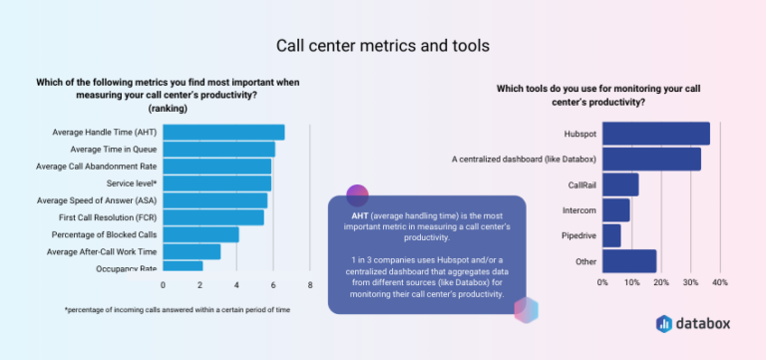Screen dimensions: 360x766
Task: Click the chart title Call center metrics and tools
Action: (x=382, y=46)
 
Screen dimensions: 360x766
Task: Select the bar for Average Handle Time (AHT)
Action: (x=223, y=133)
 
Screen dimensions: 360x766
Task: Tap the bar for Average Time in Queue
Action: (x=218, y=150)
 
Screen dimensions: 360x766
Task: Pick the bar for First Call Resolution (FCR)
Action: (x=213, y=217)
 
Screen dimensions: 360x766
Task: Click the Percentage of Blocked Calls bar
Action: (x=200, y=234)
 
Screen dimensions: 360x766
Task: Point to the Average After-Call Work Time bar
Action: (x=191, y=251)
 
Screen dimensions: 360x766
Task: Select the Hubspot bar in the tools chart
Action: (x=656, y=134)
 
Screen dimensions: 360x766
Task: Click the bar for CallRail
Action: (x=620, y=184)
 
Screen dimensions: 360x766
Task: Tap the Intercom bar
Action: (x=616, y=210)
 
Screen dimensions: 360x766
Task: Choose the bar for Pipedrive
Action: (x=611, y=236)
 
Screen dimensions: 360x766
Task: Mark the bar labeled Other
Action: (x=629, y=261)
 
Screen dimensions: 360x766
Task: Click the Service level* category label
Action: (x=132, y=183)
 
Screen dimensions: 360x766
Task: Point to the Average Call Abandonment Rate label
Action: (x=97, y=167)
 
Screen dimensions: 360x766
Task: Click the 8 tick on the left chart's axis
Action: (x=310, y=285)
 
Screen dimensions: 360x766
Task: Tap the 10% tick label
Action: (x=631, y=282)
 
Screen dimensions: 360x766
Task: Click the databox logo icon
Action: (x=664, y=323)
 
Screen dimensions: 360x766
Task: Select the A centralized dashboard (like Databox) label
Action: (x=524, y=159)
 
